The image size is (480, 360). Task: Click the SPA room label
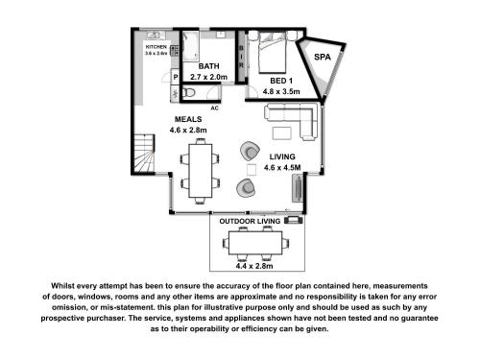[323, 57]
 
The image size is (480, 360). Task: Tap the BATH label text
[208, 66]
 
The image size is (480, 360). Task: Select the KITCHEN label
[156, 47]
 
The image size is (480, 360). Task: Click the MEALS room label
[188, 119]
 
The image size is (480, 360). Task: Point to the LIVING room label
[282, 156]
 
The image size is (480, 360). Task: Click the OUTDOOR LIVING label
[250, 221]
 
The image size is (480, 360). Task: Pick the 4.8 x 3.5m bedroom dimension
[281, 91]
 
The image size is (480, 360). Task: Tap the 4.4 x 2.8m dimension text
[254, 266]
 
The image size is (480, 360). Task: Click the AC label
[214, 108]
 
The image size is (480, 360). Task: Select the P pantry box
[176, 77]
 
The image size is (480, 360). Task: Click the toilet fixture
[189, 93]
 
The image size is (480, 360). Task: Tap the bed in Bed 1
[272, 52]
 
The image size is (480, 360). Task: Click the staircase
[144, 154]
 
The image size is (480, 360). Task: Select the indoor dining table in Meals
[201, 171]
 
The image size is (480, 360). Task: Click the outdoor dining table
[255, 243]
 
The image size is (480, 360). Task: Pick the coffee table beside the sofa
[282, 133]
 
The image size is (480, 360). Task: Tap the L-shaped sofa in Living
[292, 121]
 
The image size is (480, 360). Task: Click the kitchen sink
[156, 35]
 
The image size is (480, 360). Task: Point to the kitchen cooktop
[175, 51]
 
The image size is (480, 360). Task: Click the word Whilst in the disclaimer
[62, 285]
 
